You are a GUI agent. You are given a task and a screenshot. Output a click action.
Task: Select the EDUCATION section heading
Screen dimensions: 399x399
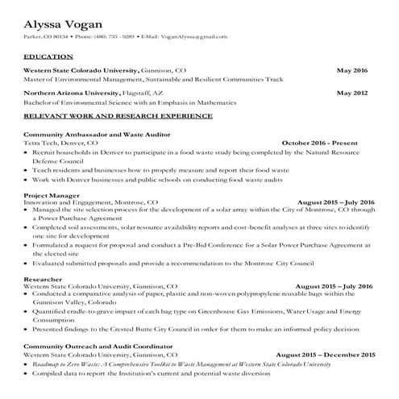(47, 58)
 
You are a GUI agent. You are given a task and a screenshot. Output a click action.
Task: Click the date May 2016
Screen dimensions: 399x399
(351, 70)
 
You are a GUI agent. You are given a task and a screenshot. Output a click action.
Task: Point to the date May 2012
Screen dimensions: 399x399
(351, 93)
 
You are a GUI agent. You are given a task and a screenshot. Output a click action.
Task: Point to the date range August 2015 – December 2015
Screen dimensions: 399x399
(326, 354)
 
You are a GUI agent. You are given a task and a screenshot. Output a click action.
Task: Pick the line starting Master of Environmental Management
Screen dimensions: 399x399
(153, 78)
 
